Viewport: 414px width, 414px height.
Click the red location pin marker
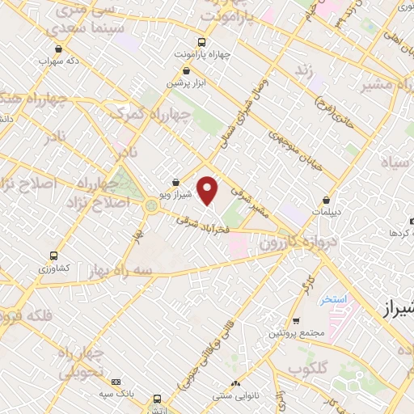[x=208, y=190]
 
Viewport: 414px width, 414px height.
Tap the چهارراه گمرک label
[x=180, y=116]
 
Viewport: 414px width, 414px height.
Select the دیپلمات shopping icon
[x=326, y=199]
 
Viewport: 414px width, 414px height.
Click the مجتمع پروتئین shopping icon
[x=296, y=321]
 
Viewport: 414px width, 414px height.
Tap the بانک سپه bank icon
[x=116, y=382]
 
